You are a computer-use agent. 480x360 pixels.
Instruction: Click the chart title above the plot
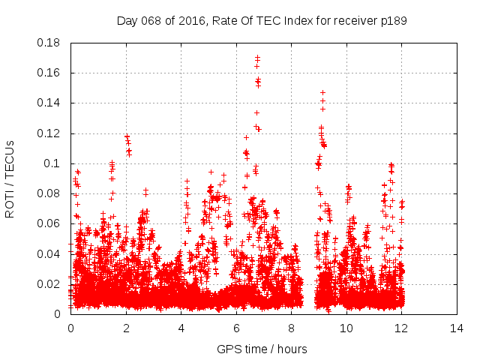click(262, 20)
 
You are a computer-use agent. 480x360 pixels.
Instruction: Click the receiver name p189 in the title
click(394, 20)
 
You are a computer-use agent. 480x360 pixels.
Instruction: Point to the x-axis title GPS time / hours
click(262, 349)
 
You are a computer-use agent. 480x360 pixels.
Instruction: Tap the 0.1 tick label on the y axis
click(54, 163)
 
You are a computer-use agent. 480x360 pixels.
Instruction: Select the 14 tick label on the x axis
click(457, 328)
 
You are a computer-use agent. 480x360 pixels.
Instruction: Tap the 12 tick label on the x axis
click(401, 328)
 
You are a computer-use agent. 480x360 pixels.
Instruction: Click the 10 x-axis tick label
click(346, 328)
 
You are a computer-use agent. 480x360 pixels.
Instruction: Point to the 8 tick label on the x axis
click(291, 328)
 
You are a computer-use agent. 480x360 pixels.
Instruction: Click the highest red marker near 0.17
click(257, 57)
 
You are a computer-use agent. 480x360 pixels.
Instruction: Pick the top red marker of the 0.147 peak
click(322, 92)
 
